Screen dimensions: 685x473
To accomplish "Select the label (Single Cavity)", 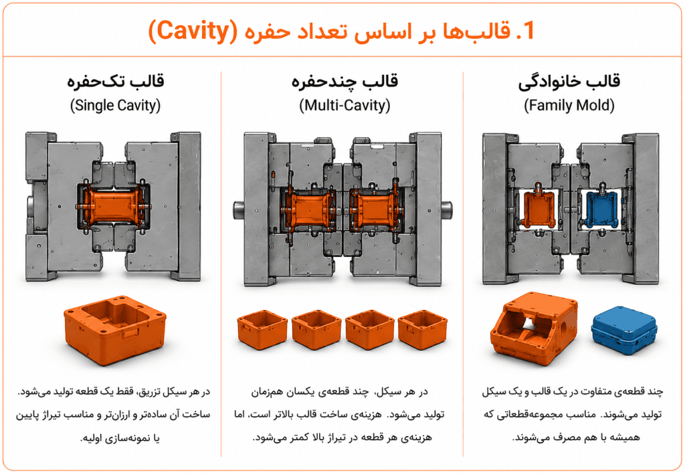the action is pyautogui.click(x=115, y=105).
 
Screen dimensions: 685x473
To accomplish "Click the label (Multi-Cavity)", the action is pyautogui.click(x=345, y=105).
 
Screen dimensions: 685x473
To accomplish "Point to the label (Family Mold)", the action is pyautogui.click(x=569, y=105).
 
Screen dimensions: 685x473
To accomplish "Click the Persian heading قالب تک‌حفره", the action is pyautogui.click(x=115, y=82).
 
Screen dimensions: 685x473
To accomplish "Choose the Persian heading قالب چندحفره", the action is pyautogui.click(x=345, y=82).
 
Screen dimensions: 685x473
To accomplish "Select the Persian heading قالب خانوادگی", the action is pyautogui.click(x=569, y=82).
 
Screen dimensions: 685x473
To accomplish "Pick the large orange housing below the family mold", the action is pyautogui.click(x=534, y=328).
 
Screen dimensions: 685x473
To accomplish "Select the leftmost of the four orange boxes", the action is pyautogui.click(x=262, y=330).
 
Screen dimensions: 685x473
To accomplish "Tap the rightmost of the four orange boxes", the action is pyautogui.click(x=423, y=330).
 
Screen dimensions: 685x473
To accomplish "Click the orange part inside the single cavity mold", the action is pyautogui.click(x=113, y=207).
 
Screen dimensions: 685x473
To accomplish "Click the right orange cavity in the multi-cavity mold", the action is pyautogui.click(x=375, y=209).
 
